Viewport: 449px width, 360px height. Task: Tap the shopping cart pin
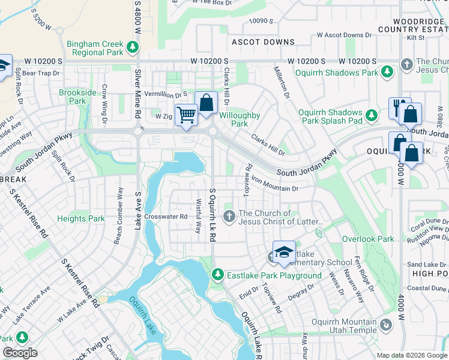[x=186, y=114]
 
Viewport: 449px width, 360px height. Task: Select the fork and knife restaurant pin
[x=397, y=107]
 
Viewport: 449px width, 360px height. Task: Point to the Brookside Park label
[x=77, y=97]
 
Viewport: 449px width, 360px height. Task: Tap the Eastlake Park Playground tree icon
[x=217, y=275]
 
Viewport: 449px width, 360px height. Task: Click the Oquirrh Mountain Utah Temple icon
[x=386, y=325]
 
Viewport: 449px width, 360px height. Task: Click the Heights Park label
[x=80, y=218]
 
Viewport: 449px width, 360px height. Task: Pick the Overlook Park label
[x=368, y=239]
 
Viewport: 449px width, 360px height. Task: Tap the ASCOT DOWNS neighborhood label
[x=264, y=42]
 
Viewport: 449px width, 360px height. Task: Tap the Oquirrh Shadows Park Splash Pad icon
[x=372, y=114]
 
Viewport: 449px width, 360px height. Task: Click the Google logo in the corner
[x=20, y=353]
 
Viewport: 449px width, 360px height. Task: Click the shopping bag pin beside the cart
[x=206, y=103]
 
